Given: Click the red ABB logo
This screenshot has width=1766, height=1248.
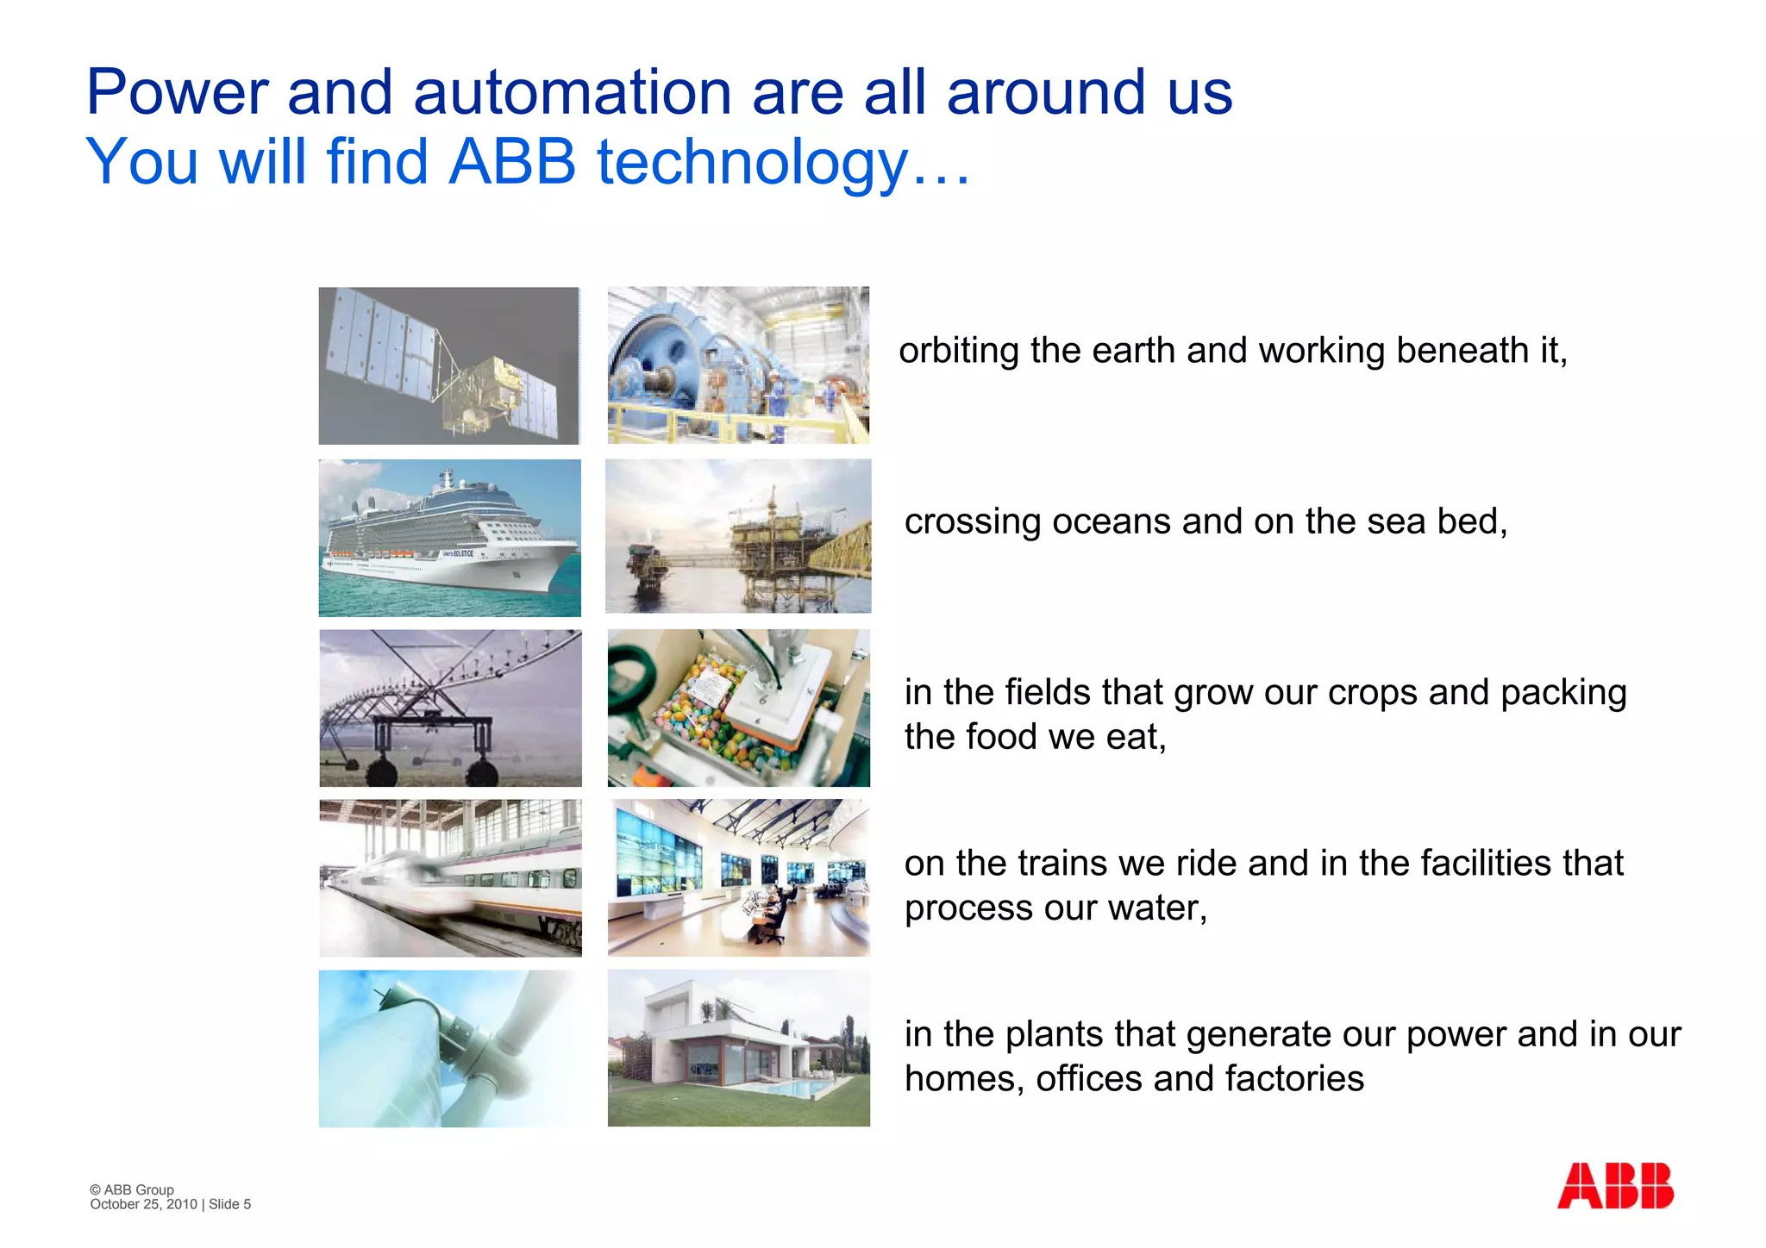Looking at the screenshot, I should coord(1614,1186).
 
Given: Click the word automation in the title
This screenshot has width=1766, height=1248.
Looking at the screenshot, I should coord(572,92).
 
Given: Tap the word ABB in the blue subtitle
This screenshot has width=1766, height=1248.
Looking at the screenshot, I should coord(512,162).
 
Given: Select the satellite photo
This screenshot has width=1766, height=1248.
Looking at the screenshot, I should coord(449,365).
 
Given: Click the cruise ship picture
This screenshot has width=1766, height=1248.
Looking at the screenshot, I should coord(449,538).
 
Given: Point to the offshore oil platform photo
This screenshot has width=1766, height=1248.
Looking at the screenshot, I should coord(738,536).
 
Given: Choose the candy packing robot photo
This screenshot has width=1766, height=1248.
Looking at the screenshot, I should coord(738,708).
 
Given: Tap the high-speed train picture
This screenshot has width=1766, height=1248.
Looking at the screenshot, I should coord(450,877).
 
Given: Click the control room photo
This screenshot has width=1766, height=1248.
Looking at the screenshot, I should coord(738,877).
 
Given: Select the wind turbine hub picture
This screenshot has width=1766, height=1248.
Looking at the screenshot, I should coord(449,1048).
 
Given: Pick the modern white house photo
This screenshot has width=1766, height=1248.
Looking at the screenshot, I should coord(738,1047).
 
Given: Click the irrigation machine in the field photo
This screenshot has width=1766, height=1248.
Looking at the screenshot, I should coord(450,708).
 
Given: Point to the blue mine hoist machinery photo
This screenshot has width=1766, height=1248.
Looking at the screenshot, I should coord(738,365).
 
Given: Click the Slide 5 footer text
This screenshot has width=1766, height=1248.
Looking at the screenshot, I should coord(229,1204).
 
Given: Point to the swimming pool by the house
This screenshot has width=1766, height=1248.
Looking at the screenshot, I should coord(785,1089).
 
